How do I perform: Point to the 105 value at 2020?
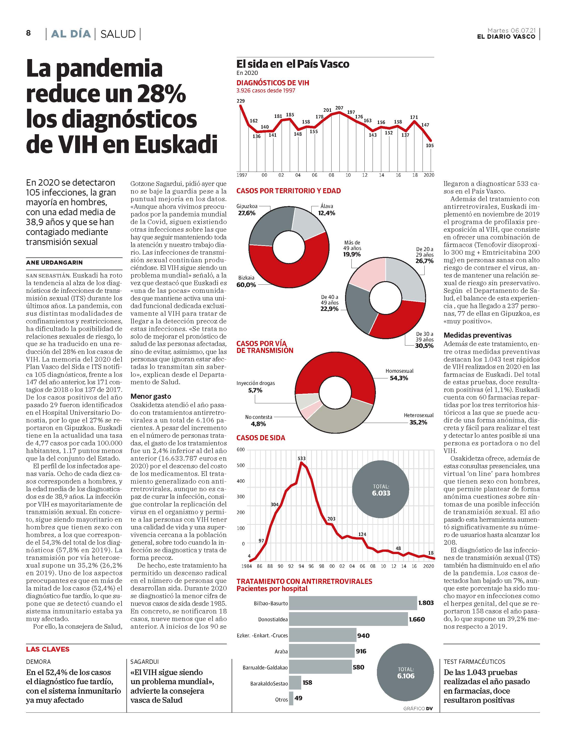pyautogui.click(x=430, y=145)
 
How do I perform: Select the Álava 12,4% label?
pyautogui.click(x=326, y=210)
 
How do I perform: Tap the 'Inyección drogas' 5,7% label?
pyautogui.click(x=255, y=387)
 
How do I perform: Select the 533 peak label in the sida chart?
pyautogui.click(x=301, y=459)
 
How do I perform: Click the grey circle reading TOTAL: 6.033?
pyautogui.click(x=380, y=490)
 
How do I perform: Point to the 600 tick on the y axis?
pyautogui.click(x=241, y=450)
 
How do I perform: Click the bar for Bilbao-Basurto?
pyautogui.click(x=353, y=603)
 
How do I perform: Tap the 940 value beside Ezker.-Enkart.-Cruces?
pyautogui.click(x=363, y=636)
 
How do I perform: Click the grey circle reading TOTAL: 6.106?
pyautogui.click(x=405, y=673)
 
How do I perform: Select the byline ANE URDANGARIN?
pyautogui.click(x=54, y=263)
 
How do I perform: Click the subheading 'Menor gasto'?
pyautogui.click(x=151, y=396)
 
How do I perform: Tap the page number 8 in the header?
pyautogui.click(x=28, y=33)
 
